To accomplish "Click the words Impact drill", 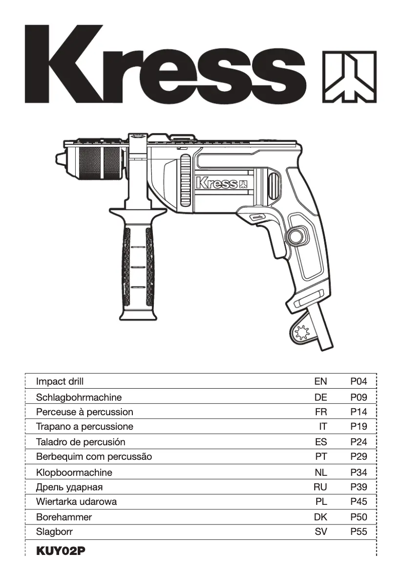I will pos(60,382).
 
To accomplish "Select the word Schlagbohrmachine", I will pos(79,397).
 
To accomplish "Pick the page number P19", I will pos(358,427).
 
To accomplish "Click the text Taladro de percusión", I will pos(81,442).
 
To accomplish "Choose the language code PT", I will pos(321,457).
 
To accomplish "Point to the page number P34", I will pos(358,472).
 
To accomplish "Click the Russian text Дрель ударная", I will pos(69,487).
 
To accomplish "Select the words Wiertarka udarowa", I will pos(76,502).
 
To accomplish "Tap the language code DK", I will pos(320,517).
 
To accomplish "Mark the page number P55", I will pos(358,532).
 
